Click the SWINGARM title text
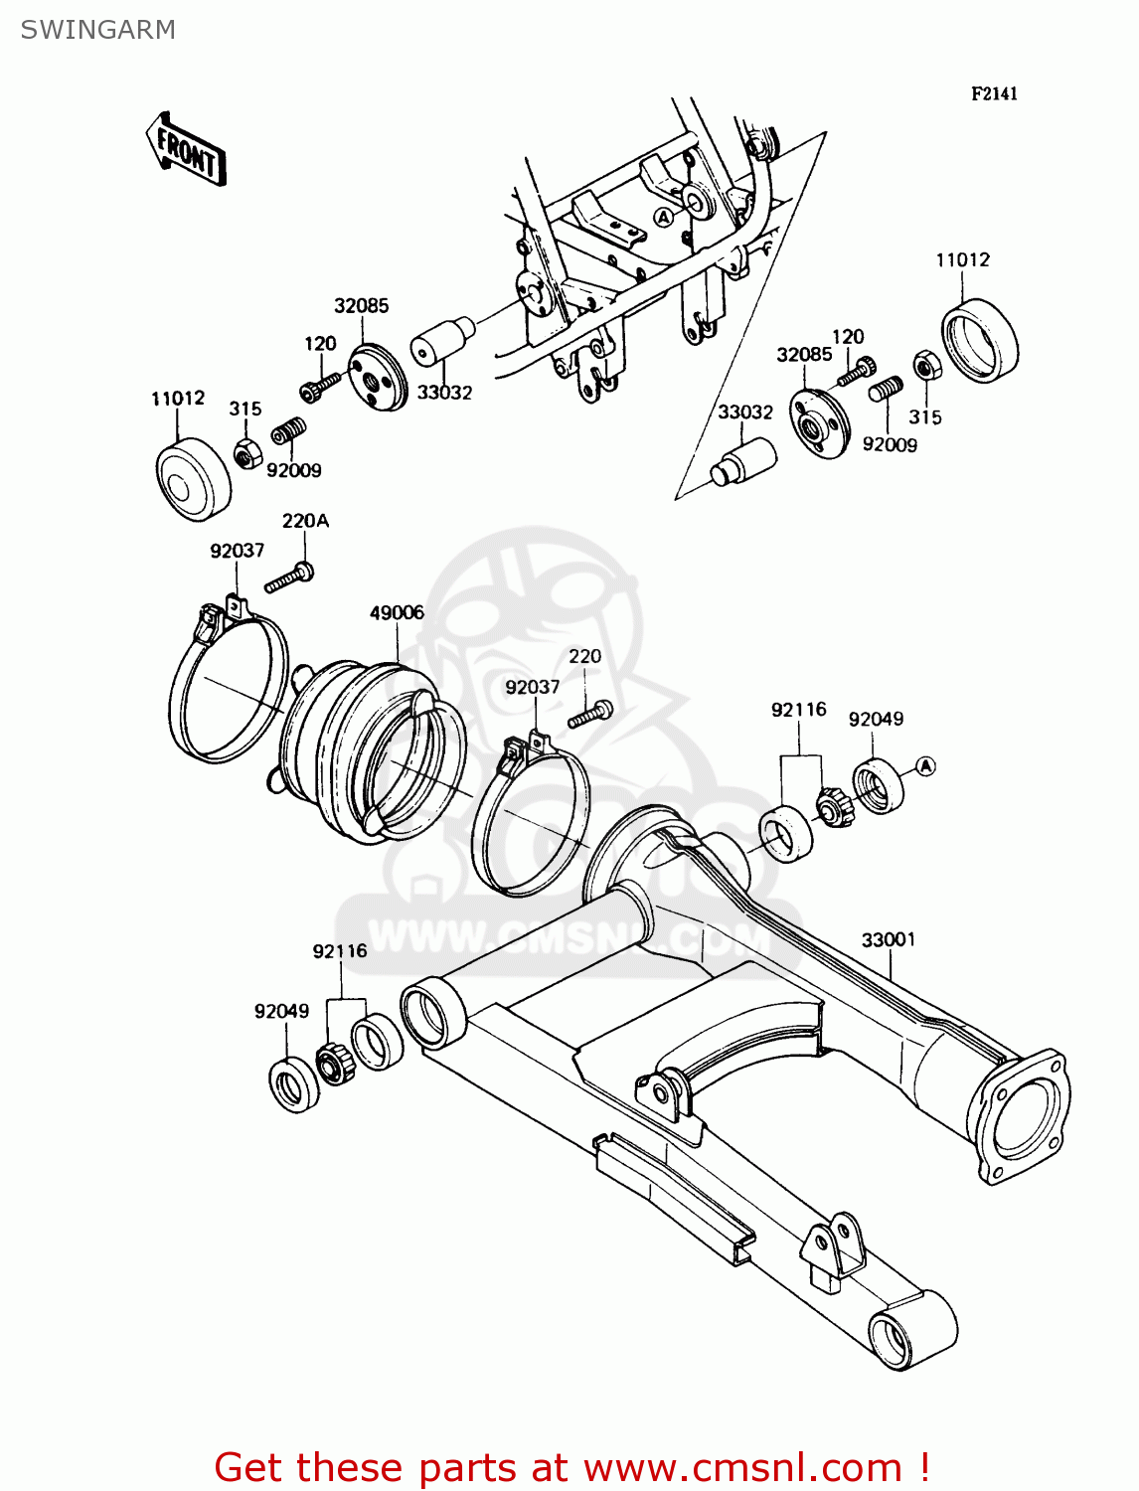(97, 30)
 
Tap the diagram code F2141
(994, 93)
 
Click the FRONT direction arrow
(186, 149)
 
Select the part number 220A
(305, 521)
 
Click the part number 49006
(397, 613)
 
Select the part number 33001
(888, 940)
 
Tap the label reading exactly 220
(584, 657)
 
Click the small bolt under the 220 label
(590, 713)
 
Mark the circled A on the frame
(663, 217)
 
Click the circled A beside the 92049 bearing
(925, 766)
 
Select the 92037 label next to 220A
(237, 551)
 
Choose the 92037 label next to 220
(532, 687)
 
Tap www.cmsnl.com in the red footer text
(741, 1467)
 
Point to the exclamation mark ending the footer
(923, 1467)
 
